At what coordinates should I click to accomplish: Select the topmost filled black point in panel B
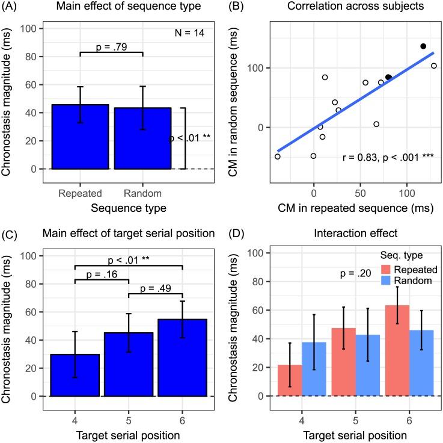click(x=423, y=46)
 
